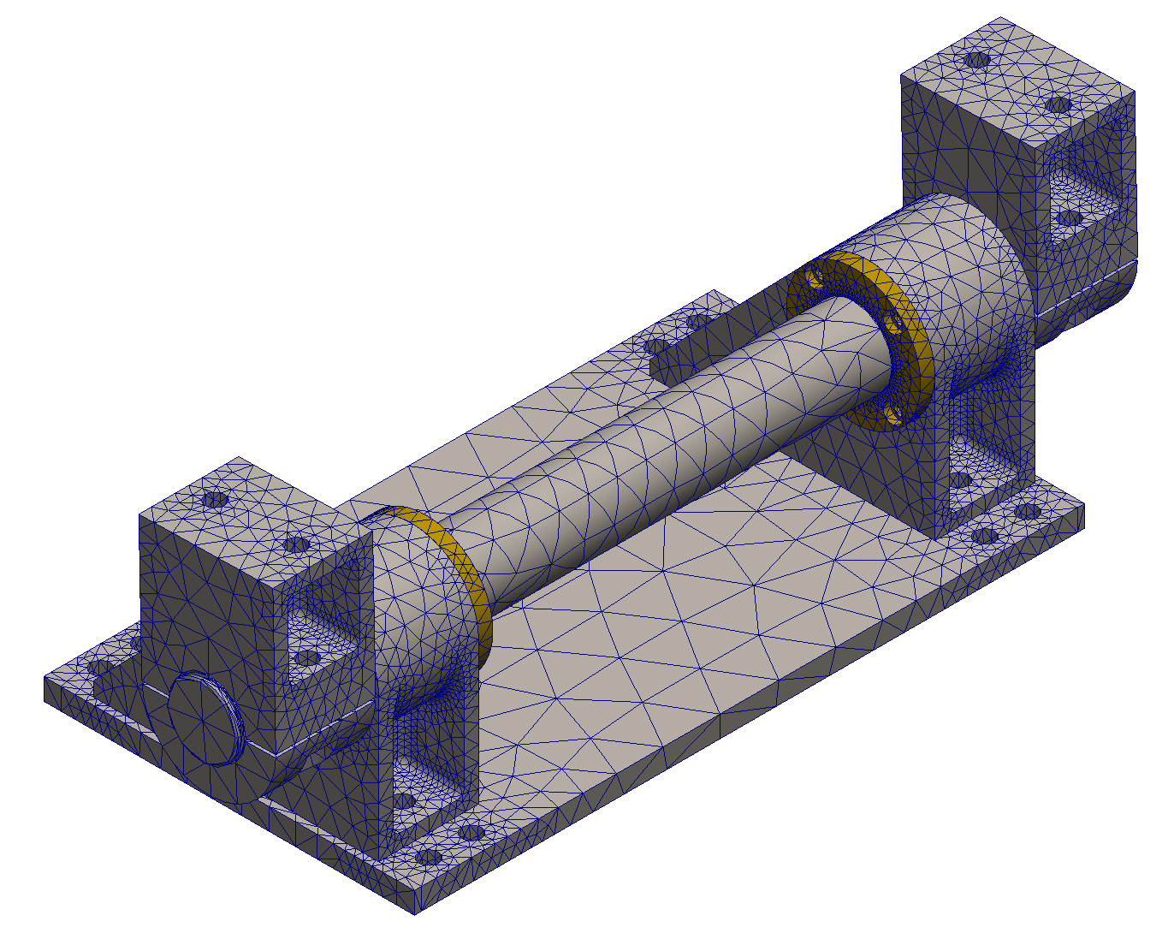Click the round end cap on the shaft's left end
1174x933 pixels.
[204, 717]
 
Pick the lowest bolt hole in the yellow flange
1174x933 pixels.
[894, 416]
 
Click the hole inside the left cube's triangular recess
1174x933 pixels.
[305, 658]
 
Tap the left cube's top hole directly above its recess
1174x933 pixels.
[296, 544]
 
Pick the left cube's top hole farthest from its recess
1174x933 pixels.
[213, 499]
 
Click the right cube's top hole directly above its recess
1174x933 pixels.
[1059, 104]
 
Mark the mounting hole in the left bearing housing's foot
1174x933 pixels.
[403, 801]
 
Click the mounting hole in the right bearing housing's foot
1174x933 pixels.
[959, 479]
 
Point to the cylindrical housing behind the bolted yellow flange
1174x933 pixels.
[958, 282]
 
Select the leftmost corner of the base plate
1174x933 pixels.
[44, 679]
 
